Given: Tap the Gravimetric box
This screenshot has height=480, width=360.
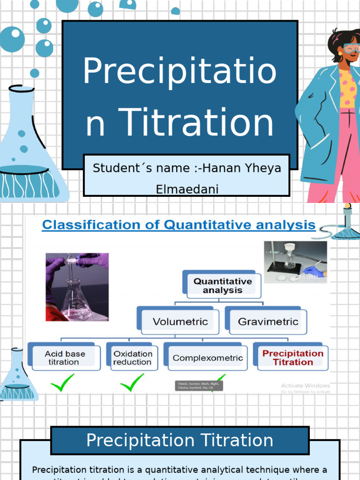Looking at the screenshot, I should (268, 322).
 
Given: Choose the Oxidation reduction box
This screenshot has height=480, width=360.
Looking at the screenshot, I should (133, 358).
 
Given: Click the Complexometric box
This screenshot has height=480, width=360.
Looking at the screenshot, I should (208, 358).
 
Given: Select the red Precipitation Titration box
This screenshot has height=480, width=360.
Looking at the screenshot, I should (292, 358).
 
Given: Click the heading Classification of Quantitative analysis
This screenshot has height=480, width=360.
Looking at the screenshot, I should (179, 225).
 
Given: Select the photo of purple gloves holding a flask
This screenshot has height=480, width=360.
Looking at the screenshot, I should (77, 287).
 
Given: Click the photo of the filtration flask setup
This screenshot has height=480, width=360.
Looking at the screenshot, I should (295, 262).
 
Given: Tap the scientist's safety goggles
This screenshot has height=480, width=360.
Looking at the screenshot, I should (351, 48).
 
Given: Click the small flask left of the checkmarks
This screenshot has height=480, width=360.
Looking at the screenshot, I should (17, 375).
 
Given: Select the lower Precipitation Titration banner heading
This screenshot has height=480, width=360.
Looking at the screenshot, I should (180, 440).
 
